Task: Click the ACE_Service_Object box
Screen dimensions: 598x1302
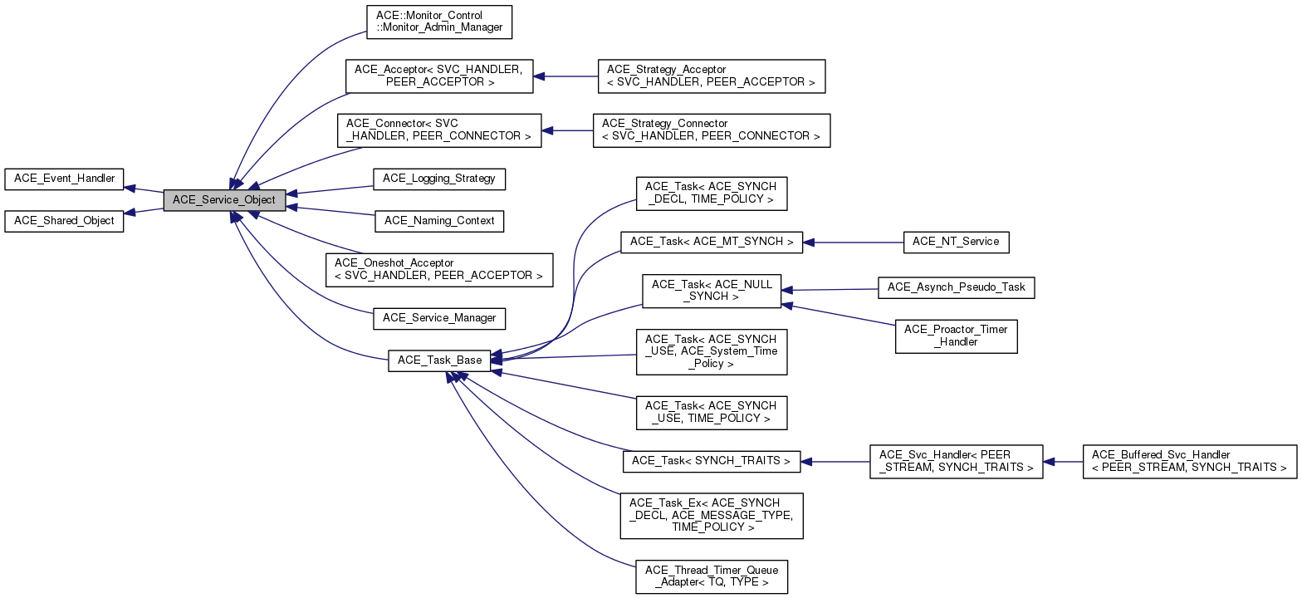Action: click(x=224, y=200)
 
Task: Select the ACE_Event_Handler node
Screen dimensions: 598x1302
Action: click(x=64, y=179)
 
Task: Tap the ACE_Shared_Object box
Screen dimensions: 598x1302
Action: click(x=64, y=222)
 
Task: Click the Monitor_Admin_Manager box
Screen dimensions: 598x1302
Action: click(x=439, y=22)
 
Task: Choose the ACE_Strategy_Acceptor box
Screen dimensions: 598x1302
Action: click(x=711, y=76)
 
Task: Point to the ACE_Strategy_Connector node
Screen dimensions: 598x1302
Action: click(x=711, y=130)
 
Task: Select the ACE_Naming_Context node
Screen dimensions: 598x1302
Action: click(x=439, y=221)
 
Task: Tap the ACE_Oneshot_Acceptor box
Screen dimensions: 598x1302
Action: click(x=438, y=269)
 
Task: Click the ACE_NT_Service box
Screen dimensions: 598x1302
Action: click(x=956, y=242)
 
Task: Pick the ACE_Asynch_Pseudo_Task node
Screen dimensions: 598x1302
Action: click(x=956, y=287)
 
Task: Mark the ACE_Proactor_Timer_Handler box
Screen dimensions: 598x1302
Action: click(x=956, y=336)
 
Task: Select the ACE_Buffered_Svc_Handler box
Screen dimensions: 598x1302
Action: click(x=1189, y=461)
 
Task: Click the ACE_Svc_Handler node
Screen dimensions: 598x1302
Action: click(x=956, y=461)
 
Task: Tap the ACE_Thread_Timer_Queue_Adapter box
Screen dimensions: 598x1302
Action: click(x=711, y=576)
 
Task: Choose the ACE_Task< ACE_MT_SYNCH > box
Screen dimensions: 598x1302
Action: click(x=712, y=242)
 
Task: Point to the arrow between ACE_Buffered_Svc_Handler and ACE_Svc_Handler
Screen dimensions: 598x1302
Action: click(x=1063, y=461)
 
